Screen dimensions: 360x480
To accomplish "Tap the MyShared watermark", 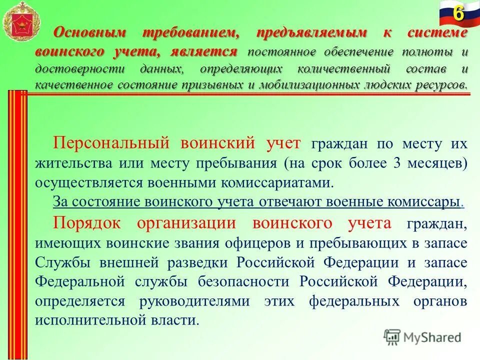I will click(x=422, y=337).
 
